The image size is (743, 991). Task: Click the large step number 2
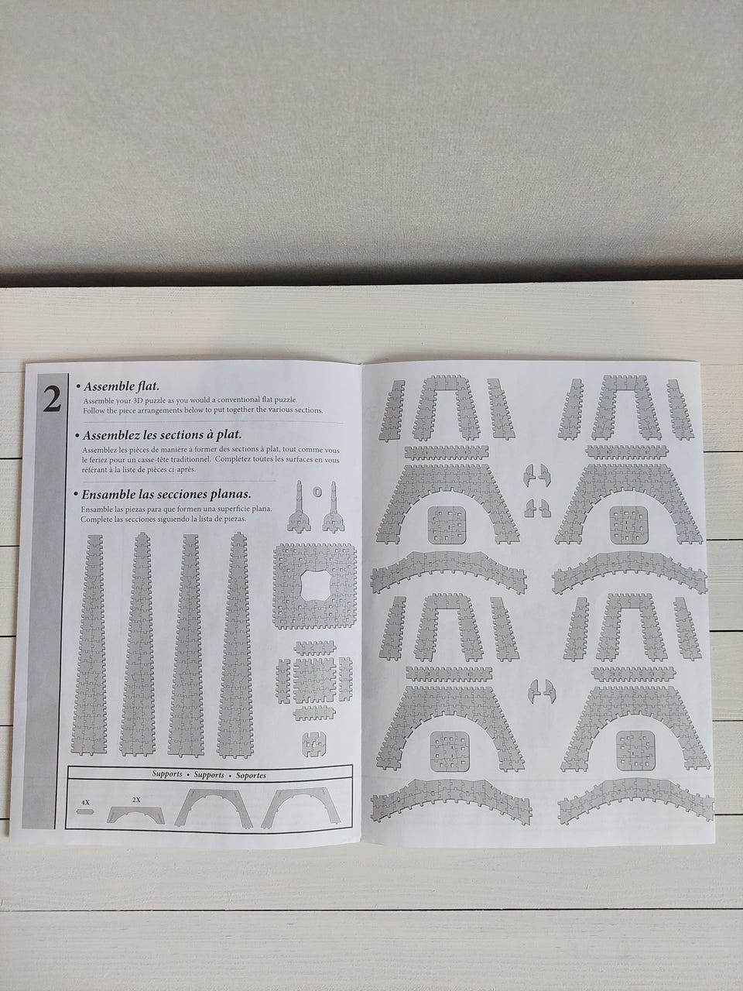(52, 399)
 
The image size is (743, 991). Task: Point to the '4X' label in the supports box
(85, 802)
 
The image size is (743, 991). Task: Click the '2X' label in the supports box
(136, 800)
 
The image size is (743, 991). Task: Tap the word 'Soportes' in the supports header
(251, 775)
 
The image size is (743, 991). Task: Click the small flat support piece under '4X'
(86, 811)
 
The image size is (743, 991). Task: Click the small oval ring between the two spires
(317, 492)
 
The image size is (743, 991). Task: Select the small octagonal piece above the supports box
(314, 744)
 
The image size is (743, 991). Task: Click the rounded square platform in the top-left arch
(447, 525)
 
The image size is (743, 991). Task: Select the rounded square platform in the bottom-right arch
(635, 751)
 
